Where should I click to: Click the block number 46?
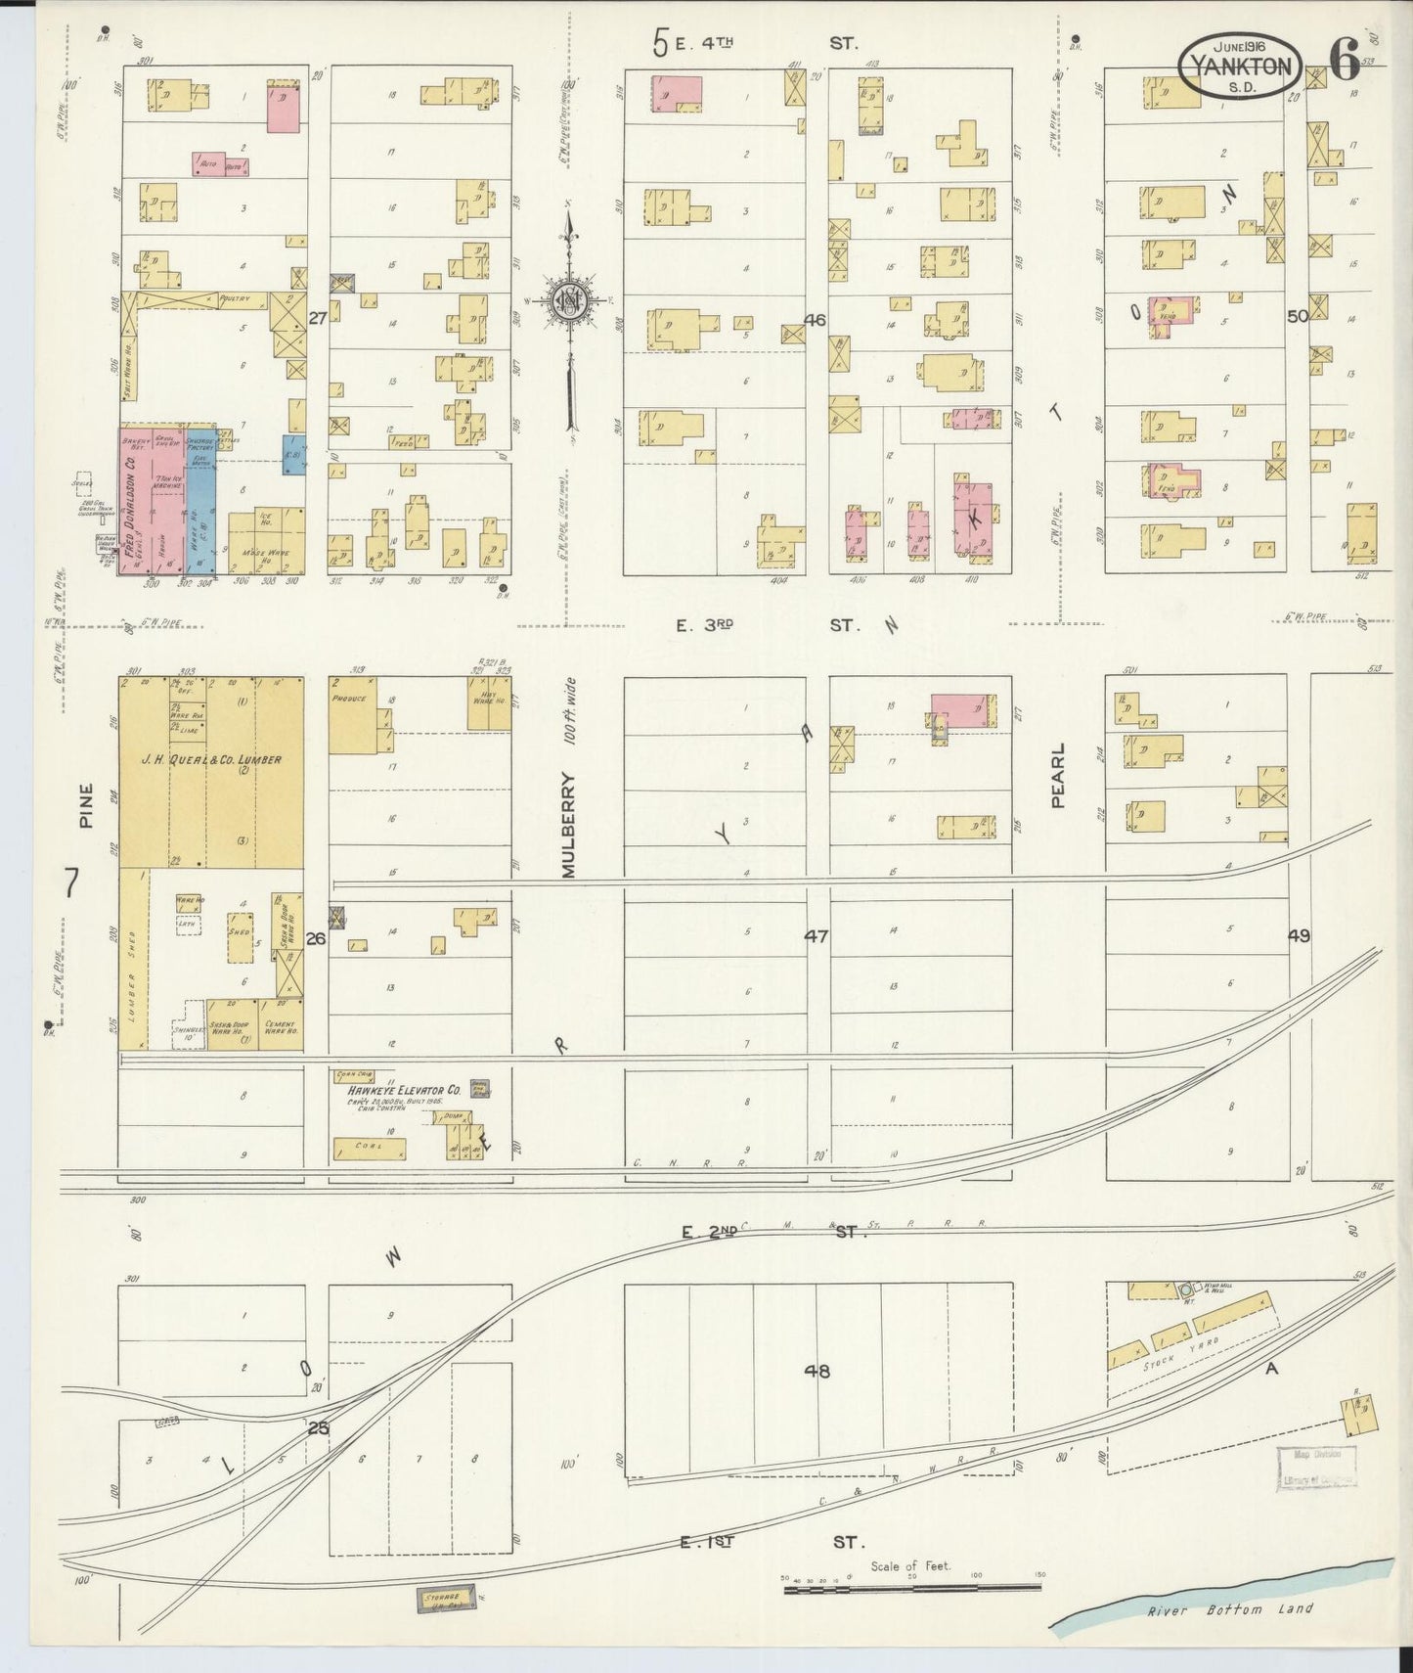point(815,320)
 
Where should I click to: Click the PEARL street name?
point(1057,775)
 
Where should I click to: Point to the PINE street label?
point(86,805)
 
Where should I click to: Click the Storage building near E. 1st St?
point(443,1600)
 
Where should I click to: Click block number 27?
point(316,318)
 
